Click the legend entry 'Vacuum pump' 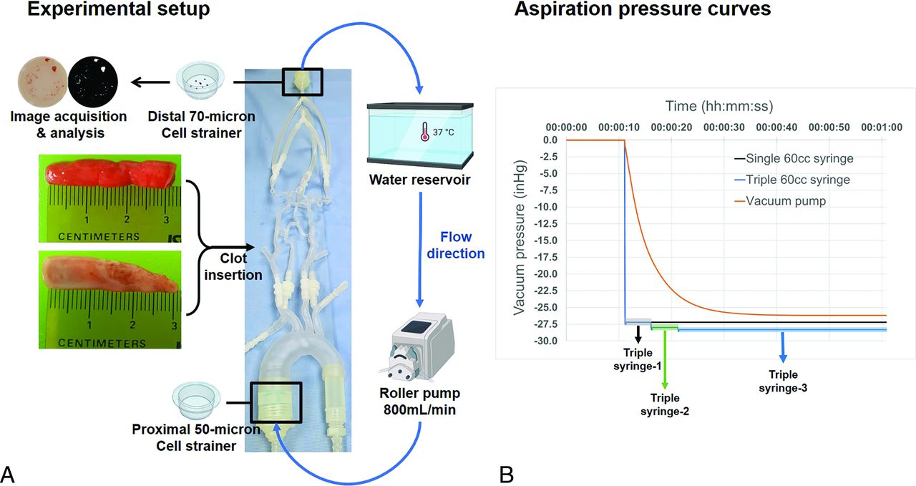click(x=785, y=201)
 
